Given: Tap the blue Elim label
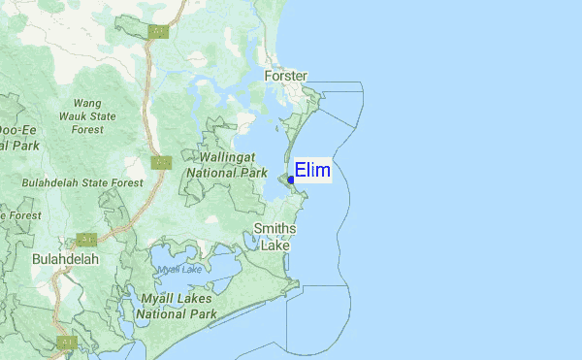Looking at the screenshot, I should coord(312,171).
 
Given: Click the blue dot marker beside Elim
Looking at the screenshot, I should coord(291,180).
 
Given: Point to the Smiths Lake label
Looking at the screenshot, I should coord(275,237).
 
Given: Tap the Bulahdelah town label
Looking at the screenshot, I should coord(66,259).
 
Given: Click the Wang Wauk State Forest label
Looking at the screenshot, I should coord(86,115).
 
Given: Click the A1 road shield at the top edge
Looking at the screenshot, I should coord(159,32).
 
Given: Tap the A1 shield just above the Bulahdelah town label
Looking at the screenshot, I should coord(86,239).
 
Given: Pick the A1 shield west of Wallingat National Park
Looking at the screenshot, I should coord(160,162).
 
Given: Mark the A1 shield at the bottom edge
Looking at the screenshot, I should coord(66,342).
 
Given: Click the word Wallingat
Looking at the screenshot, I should coord(227,156).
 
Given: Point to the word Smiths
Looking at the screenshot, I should coord(275,228).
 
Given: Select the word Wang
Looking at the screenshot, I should coord(86,103).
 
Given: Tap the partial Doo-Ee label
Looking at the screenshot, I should coord(16,130).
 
